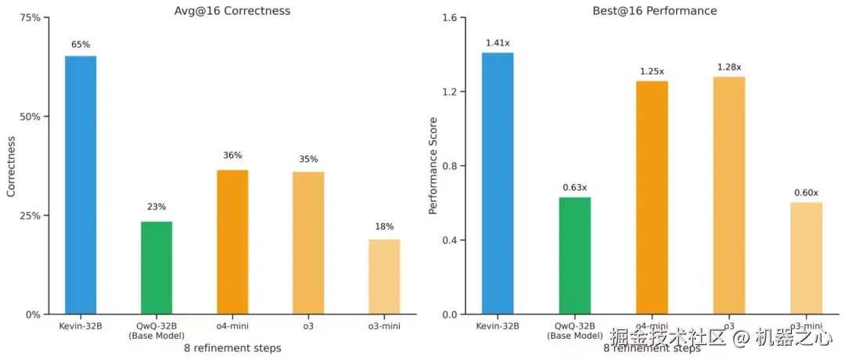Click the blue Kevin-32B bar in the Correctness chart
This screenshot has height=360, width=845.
[81, 185]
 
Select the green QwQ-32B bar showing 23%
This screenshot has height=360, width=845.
[156, 268]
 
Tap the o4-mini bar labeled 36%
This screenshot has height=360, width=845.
[232, 242]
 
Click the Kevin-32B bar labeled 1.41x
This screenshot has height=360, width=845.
[498, 183]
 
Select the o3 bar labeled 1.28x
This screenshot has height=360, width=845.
[729, 195]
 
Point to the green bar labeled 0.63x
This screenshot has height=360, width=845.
[575, 255]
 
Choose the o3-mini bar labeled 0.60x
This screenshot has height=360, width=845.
[806, 258]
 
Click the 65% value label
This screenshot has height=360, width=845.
[81, 45]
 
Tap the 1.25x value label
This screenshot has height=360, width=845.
[652, 71]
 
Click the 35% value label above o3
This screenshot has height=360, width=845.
[308, 160]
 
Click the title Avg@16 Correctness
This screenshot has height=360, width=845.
[232, 11]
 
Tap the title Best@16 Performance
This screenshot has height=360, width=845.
[651, 11]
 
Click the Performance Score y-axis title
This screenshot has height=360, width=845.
[433, 166]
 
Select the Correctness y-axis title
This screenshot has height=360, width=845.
[11, 166]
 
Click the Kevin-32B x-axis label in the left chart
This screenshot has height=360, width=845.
[81, 325]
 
